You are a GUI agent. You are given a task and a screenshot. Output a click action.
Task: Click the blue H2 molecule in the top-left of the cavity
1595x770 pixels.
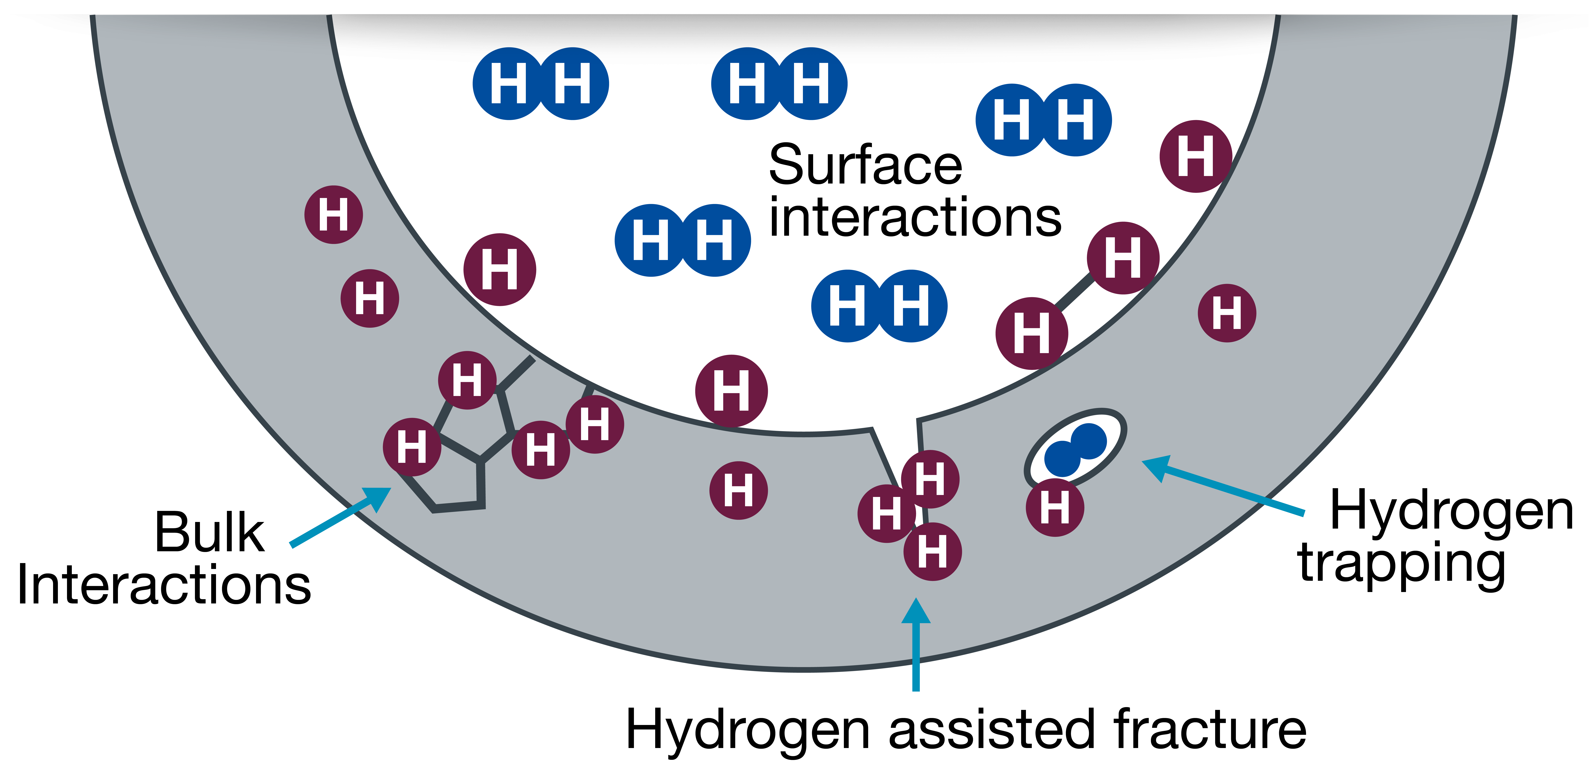pos(540,84)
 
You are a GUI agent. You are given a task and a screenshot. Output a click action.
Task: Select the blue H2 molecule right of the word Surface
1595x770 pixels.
pos(1043,120)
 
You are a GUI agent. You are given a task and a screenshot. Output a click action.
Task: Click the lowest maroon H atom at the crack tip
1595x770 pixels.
pos(932,551)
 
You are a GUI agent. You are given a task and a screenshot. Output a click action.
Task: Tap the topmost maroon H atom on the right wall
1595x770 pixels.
pos(1196,156)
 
